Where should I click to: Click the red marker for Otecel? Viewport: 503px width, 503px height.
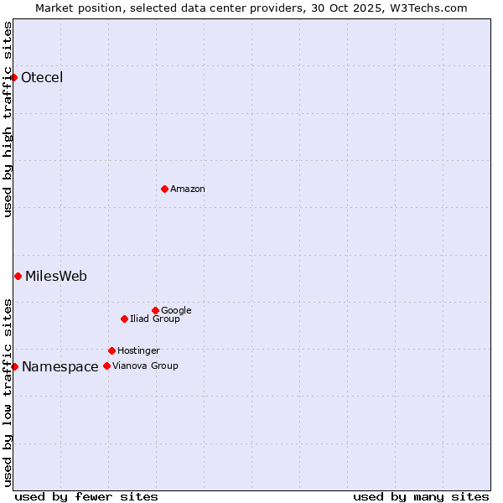(x=14, y=78)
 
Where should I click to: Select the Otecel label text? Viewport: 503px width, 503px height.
(x=42, y=78)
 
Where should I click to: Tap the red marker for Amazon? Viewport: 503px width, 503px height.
(x=164, y=189)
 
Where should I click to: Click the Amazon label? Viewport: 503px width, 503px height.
(x=188, y=189)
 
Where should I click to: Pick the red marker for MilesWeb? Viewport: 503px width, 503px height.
(x=18, y=276)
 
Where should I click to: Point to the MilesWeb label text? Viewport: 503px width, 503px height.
(x=56, y=277)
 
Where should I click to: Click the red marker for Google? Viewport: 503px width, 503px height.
(x=155, y=310)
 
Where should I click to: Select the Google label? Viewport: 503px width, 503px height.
(x=176, y=311)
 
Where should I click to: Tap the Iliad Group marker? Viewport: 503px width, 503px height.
(x=124, y=319)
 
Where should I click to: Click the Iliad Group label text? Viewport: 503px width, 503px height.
(x=155, y=319)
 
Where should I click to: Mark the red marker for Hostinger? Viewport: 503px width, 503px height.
(x=111, y=350)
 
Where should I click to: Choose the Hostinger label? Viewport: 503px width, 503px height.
(x=138, y=351)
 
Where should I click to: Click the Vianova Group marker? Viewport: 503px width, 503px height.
(x=106, y=366)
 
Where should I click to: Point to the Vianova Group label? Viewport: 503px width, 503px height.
(x=145, y=366)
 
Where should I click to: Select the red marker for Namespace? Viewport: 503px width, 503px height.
(x=14, y=366)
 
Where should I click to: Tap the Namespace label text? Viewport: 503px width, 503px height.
(x=60, y=367)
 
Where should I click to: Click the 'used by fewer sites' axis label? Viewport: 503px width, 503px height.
(x=86, y=496)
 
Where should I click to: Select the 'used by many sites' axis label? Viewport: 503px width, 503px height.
(x=421, y=496)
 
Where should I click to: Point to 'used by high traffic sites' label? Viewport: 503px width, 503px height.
(x=8, y=119)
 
